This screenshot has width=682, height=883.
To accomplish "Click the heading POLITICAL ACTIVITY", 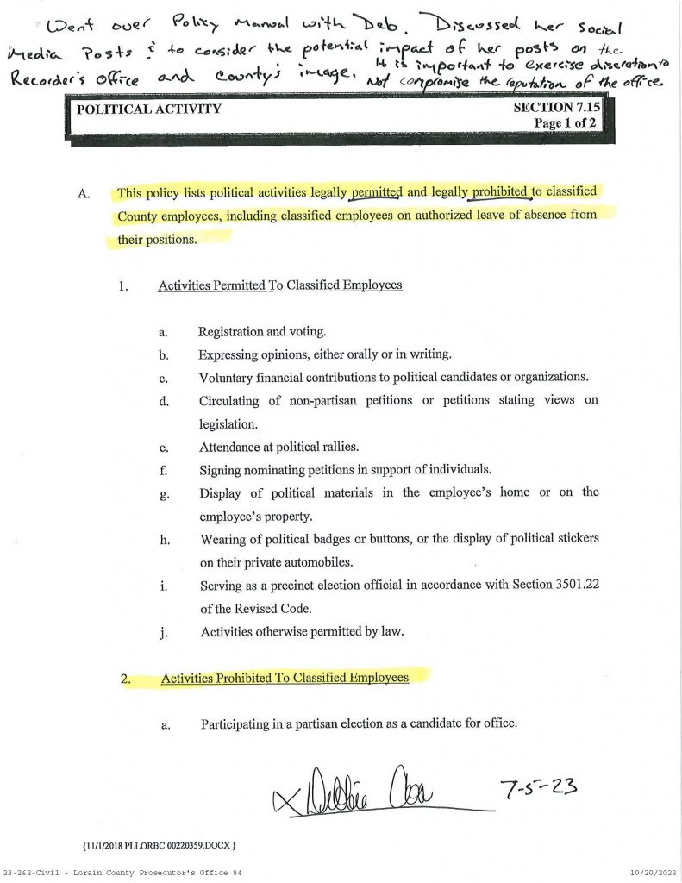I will pos(149,110).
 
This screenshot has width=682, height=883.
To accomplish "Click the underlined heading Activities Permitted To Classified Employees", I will pos(280,285).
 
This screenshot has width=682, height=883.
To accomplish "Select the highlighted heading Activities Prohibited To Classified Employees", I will pos(285,678).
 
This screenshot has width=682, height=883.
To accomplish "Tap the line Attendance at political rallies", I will pos(278,448).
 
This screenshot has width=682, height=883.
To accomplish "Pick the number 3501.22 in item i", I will pos(573,585).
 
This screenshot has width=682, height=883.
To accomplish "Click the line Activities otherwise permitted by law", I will pos(302,631).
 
